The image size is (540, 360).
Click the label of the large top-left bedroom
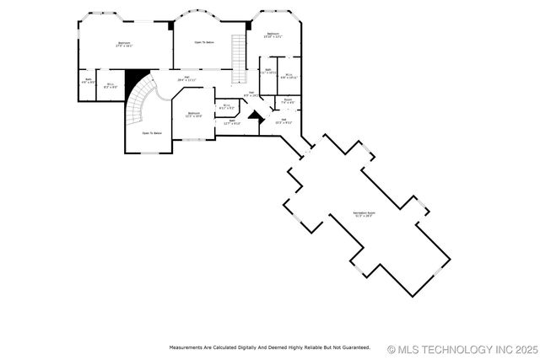pos(124,45)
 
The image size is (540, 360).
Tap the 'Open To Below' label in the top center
pos(204,42)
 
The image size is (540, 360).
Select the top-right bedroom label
pos(273,35)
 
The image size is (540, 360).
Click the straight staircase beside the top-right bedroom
pos(239,55)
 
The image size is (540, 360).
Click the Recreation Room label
pos(364,214)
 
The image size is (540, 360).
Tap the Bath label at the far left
pos(89,82)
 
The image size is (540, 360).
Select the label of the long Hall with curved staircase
pos(186,80)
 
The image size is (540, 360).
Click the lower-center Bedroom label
pos(194,115)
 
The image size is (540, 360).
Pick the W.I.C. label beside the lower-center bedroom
pos(227,107)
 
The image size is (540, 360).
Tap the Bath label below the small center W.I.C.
pos(232,121)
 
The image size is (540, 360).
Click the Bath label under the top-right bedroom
pos(268,72)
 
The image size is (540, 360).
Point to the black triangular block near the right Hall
pos(251,110)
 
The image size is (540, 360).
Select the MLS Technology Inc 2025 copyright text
pos(462,348)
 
